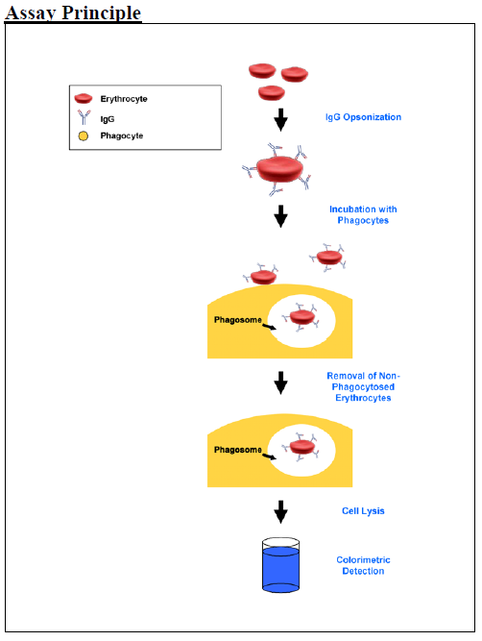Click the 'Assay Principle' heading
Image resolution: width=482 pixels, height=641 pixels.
pos(73,12)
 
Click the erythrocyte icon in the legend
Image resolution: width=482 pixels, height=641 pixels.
pos(84,99)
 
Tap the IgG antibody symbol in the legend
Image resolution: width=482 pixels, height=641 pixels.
pos(84,117)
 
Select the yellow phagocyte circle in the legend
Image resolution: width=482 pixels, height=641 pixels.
pos(84,136)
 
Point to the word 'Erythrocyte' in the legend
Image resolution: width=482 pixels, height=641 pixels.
pos(124,99)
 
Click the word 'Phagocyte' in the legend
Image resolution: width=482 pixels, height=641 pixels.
pos(122,136)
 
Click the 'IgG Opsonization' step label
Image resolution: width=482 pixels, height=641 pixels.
pos(363,117)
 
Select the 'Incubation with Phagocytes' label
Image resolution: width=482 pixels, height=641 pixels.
pos(363,214)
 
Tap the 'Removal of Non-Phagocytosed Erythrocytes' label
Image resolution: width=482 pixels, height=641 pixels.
pos(363,386)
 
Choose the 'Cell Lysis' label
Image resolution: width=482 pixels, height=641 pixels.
pos(363,511)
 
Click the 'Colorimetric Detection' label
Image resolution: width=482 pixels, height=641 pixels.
pos(363,565)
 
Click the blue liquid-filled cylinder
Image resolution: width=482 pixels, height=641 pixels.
pos(280,565)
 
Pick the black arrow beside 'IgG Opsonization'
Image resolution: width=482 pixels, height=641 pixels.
pos(280,120)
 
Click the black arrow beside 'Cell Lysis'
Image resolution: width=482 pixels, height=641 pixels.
pos(280,511)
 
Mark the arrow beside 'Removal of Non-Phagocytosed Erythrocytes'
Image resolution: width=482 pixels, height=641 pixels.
pos(280,382)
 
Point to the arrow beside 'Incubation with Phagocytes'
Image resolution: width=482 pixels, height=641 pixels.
pos(280,216)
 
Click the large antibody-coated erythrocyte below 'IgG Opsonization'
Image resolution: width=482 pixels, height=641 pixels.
pos(279,169)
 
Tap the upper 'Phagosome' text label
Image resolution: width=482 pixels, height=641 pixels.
pos(238,320)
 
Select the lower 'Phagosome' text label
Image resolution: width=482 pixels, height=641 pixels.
pos(238,450)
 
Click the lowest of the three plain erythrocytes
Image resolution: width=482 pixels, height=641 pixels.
pos(272,93)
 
